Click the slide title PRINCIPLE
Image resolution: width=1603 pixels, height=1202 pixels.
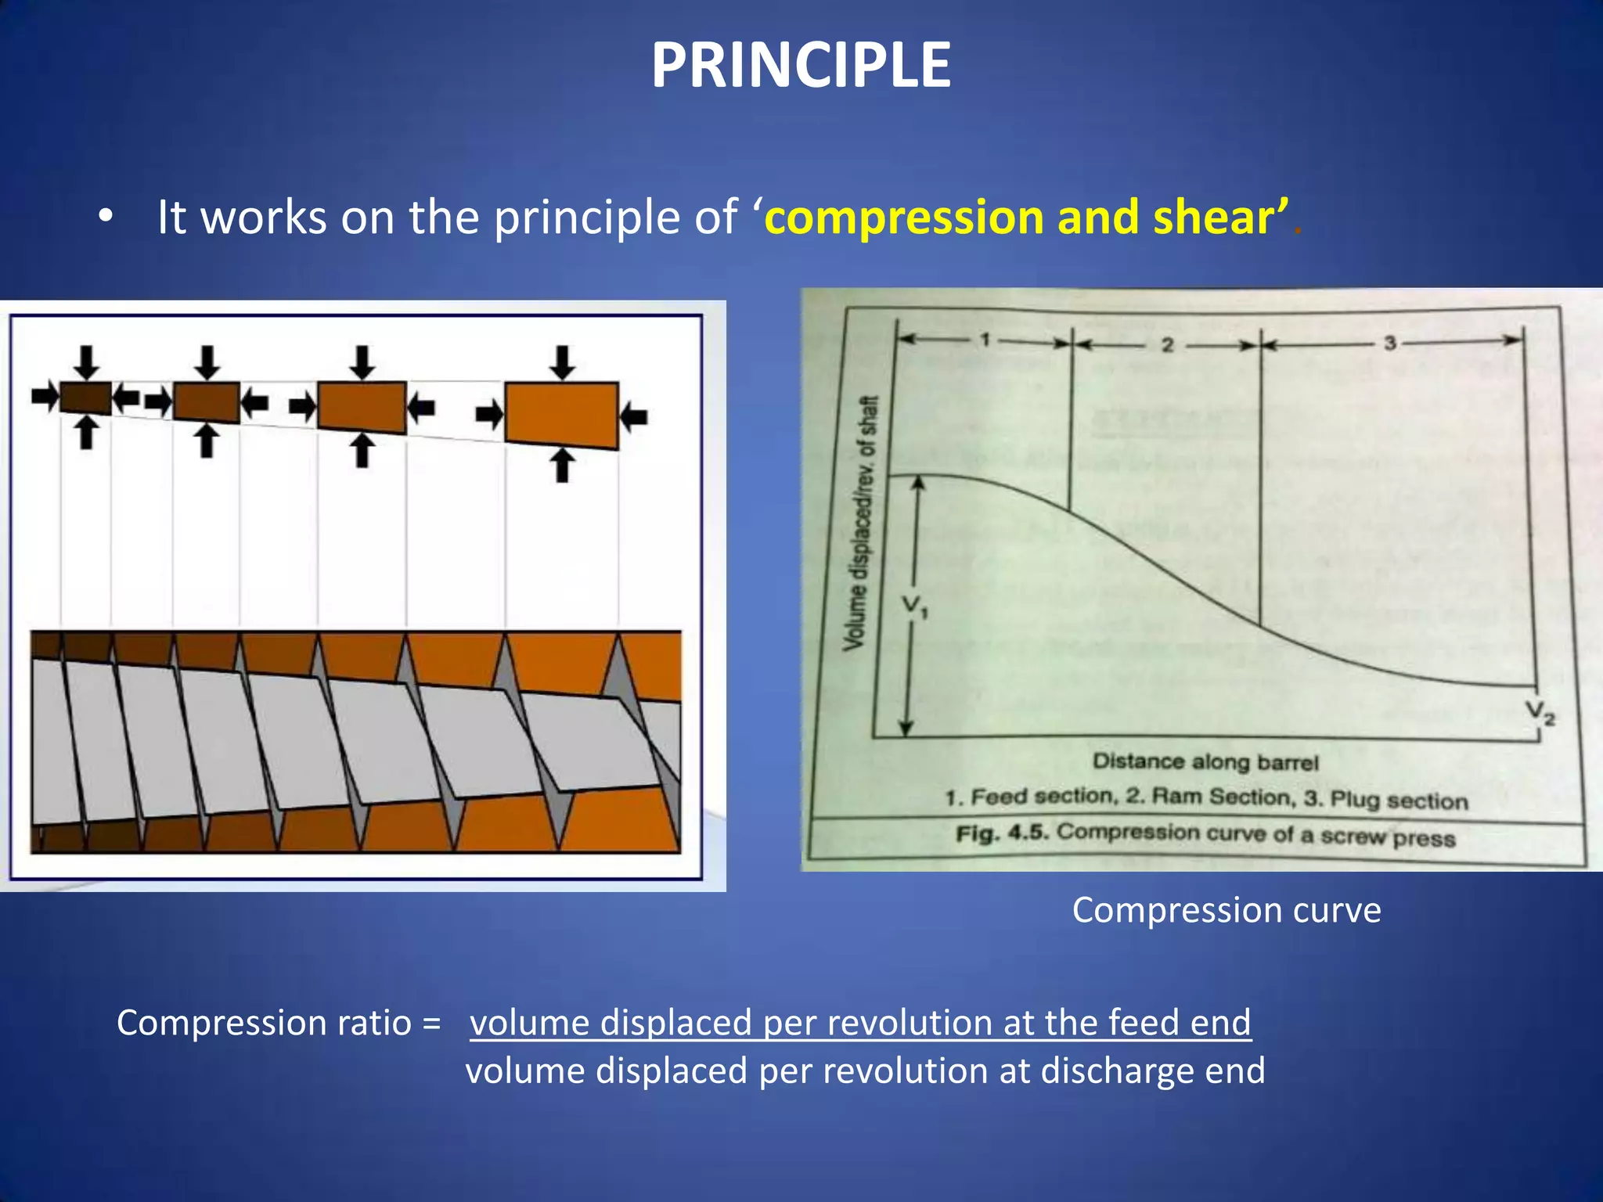point(801,66)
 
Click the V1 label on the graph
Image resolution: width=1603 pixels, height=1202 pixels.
point(914,606)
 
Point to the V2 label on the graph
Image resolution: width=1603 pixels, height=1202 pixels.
point(1540,712)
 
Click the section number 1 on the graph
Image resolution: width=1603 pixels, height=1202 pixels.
point(985,340)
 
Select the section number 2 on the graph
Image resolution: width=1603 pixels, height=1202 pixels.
point(1167,345)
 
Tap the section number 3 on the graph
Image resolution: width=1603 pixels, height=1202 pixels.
point(1390,343)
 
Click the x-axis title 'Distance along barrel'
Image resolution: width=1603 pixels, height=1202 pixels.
point(1205,761)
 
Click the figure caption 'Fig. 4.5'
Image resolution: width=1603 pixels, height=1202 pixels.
point(1001,832)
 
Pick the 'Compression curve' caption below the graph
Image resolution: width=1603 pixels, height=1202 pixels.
point(1226,910)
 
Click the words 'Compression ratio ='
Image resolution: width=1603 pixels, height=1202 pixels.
point(279,1023)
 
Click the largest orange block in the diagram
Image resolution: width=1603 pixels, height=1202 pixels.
point(561,415)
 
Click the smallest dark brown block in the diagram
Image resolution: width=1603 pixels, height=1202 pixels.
point(85,398)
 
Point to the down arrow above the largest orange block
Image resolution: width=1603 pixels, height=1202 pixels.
point(561,362)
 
